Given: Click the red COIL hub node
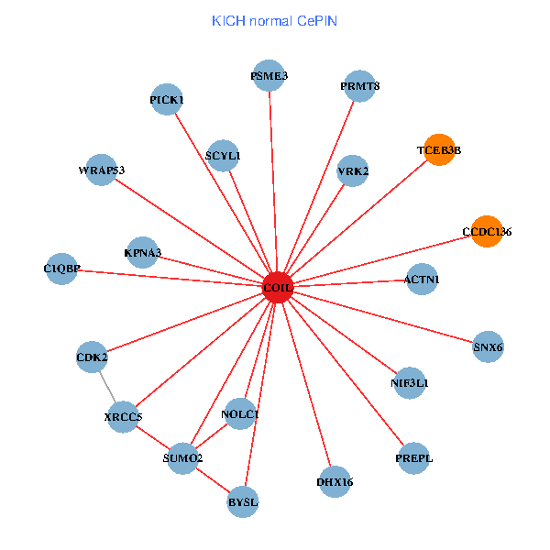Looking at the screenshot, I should (277, 287).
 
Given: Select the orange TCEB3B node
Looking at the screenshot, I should (439, 149).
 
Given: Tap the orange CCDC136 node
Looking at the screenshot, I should (486, 232).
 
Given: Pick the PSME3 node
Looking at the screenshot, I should (269, 76).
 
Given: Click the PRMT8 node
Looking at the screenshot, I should (359, 86).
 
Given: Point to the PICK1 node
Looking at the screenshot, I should (167, 99).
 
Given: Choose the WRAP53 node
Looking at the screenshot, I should (101, 170).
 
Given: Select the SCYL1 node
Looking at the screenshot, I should (224, 156).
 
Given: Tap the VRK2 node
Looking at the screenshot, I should (353, 170).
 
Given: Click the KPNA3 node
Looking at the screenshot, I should (142, 252).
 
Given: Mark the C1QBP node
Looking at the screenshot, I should (61, 269).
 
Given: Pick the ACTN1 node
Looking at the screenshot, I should (421, 279).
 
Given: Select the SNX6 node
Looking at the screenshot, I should (488, 346).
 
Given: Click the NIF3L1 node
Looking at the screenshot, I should (409, 382).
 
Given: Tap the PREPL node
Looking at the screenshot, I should (414, 457).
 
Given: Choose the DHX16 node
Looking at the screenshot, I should (335, 481).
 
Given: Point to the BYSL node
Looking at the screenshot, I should (243, 501).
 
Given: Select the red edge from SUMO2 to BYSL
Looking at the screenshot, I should (213, 479).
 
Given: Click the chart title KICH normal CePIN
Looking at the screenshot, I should (274, 20).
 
